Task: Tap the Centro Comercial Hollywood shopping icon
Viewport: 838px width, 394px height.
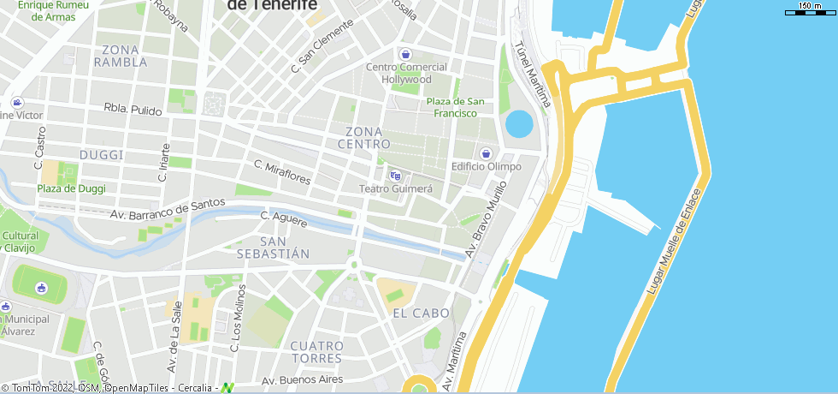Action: (x=407, y=54)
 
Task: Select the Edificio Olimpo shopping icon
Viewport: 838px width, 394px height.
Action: (x=486, y=152)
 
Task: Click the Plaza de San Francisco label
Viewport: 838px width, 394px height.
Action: (x=456, y=107)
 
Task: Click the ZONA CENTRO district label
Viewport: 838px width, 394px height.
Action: (x=363, y=137)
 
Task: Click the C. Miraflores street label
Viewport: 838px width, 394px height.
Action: (x=282, y=172)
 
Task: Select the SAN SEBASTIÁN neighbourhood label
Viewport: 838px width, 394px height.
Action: (x=273, y=247)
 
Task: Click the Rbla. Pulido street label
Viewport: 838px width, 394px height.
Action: (x=133, y=110)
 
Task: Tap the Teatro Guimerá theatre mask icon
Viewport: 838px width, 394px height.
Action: (x=395, y=175)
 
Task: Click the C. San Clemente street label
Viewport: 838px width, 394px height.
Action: (x=322, y=45)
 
